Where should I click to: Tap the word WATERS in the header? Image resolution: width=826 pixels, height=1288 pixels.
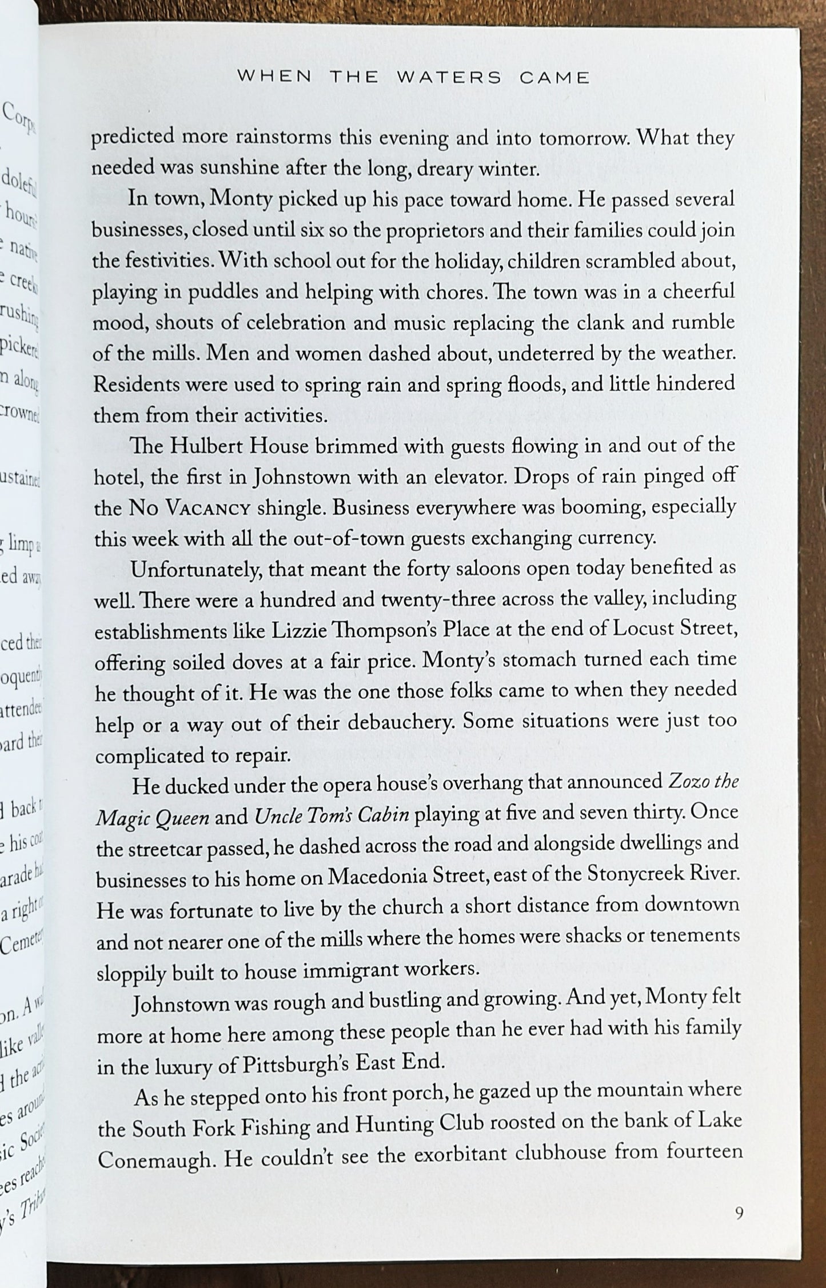(449, 77)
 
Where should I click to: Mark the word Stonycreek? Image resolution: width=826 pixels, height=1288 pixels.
(640, 875)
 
